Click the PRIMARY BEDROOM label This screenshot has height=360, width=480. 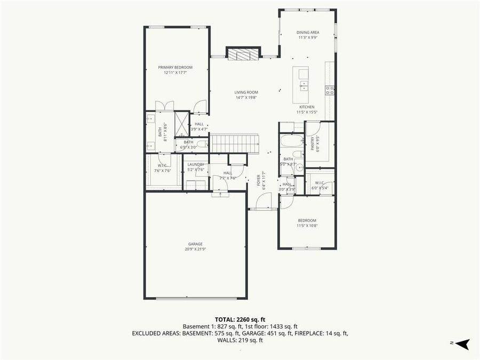click(x=175, y=68)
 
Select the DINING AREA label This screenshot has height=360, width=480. click(x=308, y=33)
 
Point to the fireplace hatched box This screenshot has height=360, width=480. click(x=243, y=53)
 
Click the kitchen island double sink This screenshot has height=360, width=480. click(x=303, y=85)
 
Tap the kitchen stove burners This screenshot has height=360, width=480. click(x=330, y=90)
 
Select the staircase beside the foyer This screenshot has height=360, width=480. click(x=234, y=143)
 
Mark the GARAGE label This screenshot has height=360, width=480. click(x=195, y=244)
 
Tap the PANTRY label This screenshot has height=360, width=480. click(x=313, y=144)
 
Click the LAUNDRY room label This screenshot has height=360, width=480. click(x=196, y=164)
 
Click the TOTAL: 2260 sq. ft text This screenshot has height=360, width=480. click(x=240, y=319)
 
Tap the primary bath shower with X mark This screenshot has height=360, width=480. click(x=182, y=125)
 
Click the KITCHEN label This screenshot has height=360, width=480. click(x=307, y=107)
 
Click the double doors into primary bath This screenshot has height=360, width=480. click(x=164, y=106)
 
